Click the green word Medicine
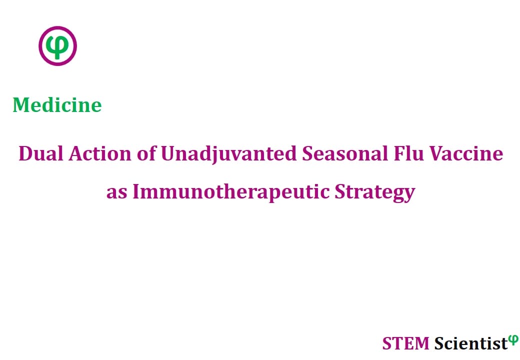tap(57, 105)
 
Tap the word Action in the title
tap(100, 154)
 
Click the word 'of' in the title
tap(146, 153)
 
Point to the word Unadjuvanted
tap(229, 155)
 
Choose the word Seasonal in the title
tap(345, 154)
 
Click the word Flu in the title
tap(408, 154)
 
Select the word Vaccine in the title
tap(466, 154)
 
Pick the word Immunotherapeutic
tap(231, 193)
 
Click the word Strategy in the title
tap(375, 193)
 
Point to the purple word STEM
tap(405, 343)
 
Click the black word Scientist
tap(471, 343)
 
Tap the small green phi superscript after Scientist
tap(513, 340)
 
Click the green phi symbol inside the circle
tap(57, 46)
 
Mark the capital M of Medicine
tap(21, 105)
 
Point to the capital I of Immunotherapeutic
tap(136, 191)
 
